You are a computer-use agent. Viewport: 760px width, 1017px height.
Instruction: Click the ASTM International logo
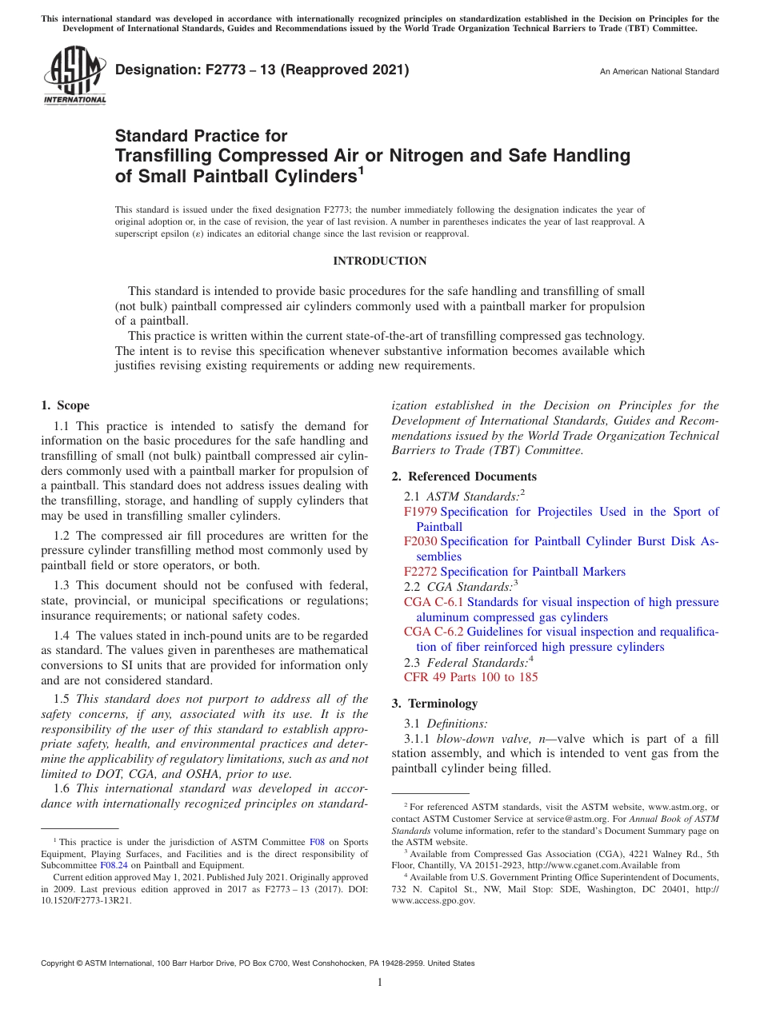point(74,77)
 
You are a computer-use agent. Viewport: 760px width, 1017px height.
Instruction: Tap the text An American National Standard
point(659,72)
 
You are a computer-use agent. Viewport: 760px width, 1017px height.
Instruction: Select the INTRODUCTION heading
point(380,261)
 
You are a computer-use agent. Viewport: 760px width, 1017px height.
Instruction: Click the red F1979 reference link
point(421,512)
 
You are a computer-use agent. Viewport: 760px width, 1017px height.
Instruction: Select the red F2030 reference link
point(421,541)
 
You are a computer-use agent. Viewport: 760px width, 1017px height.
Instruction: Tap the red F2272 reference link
point(421,572)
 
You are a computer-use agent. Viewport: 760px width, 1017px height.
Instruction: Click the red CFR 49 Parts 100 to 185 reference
point(470,677)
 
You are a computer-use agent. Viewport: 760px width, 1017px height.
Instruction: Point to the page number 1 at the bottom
point(380,983)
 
